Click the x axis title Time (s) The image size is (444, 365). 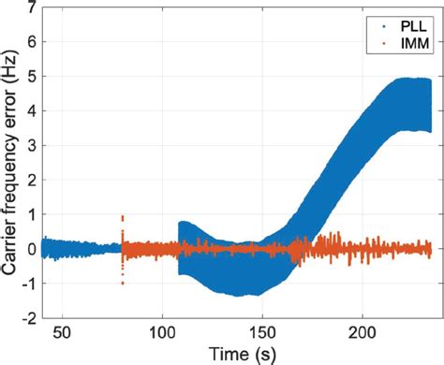[235, 353]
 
